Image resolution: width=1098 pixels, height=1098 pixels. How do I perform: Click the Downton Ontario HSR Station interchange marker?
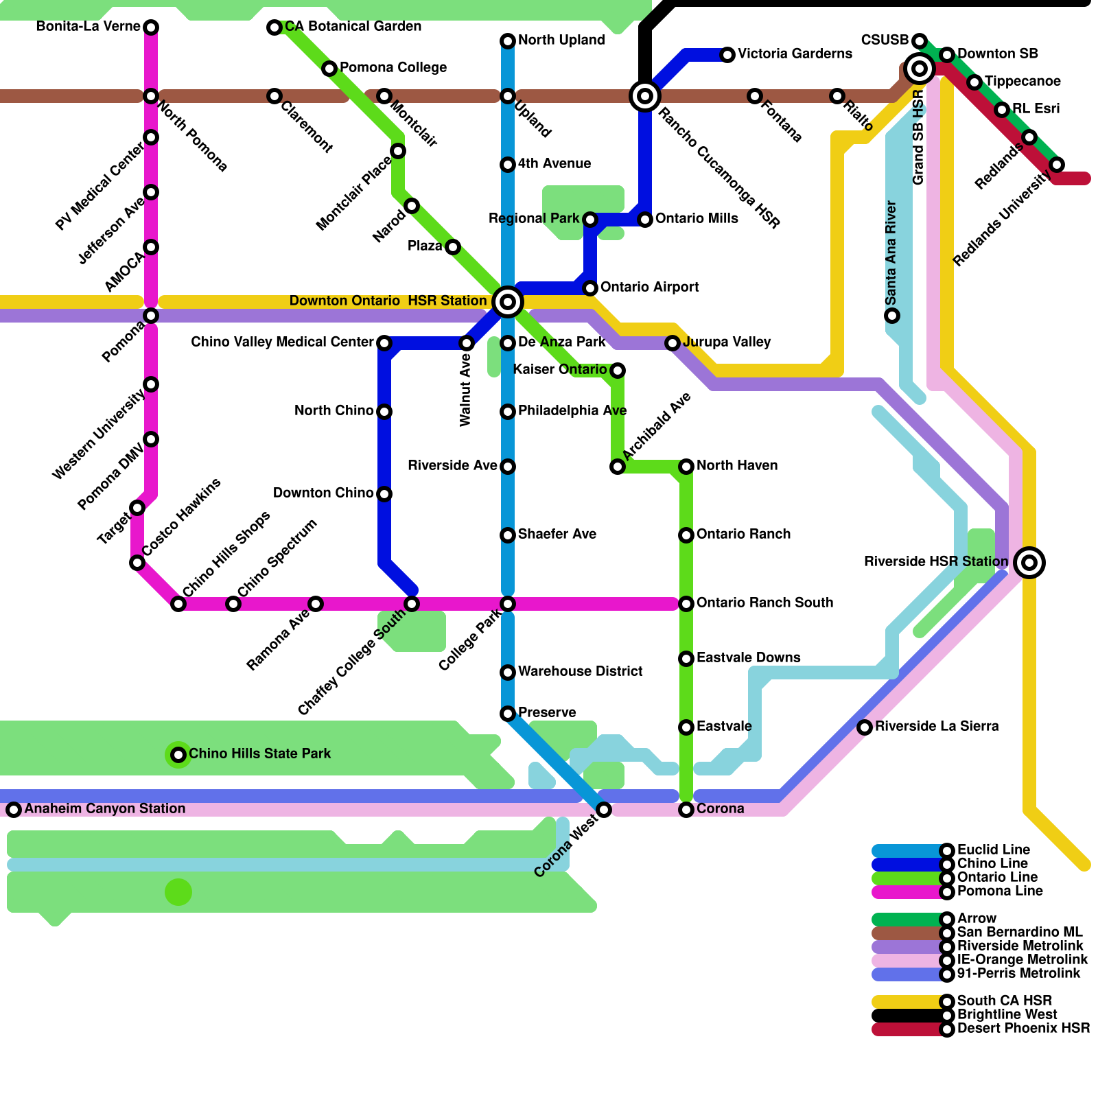pos(508,301)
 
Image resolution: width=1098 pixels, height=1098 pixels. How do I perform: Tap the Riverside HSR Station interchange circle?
pos(1029,563)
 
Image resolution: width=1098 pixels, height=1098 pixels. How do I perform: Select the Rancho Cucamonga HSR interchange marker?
pos(645,96)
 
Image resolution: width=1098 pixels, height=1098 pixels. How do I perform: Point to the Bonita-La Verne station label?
pos(88,27)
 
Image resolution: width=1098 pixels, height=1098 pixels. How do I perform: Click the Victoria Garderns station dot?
pos(727,55)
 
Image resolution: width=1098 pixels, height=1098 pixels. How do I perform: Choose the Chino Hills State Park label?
pos(259,754)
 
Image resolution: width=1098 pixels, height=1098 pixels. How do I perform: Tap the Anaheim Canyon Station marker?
pos(14,810)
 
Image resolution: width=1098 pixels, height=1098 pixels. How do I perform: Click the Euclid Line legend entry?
pos(993,850)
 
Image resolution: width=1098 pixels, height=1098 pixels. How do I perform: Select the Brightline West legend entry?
pos(1007,1014)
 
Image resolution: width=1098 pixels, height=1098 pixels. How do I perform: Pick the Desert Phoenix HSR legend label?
pos(1023,1028)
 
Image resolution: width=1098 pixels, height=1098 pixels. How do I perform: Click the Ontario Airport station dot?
pos(590,288)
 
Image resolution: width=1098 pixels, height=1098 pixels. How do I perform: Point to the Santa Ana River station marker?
pos(892,316)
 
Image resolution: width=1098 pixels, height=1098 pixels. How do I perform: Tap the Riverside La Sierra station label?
pos(937,726)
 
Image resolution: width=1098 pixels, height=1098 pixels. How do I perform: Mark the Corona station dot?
pos(686,810)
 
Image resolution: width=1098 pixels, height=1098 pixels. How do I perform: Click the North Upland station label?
pos(561,40)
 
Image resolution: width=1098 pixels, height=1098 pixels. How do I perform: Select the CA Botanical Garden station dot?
pos(274,27)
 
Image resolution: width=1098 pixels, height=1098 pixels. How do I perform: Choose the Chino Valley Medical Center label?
pos(282,342)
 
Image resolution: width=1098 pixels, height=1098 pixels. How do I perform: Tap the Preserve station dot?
pos(508,714)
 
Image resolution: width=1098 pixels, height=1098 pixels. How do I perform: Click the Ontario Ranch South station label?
pos(764,603)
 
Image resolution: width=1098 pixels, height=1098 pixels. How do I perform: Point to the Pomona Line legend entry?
pos(1000,891)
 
